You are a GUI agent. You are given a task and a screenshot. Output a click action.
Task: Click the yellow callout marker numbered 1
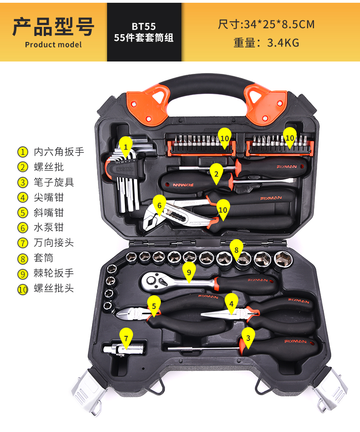tap(126, 147)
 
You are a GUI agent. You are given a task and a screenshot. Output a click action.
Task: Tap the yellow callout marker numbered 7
tap(126, 338)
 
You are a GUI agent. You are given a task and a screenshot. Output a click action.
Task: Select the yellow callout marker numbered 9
tap(189, 272)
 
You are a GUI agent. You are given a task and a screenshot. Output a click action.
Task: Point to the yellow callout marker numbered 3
tap(248, 338)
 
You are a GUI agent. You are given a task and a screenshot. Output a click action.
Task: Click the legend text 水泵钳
tap(49, 227)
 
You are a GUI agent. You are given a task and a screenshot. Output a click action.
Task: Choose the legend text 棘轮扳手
tap(54, 273)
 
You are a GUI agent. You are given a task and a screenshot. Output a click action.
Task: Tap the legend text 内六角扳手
tap(59, 152)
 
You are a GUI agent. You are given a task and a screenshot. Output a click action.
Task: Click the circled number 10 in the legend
tap(23, 289)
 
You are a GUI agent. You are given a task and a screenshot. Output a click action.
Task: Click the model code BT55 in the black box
tap(144, 26)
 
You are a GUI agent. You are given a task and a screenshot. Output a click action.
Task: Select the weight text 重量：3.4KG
tap(266, 43)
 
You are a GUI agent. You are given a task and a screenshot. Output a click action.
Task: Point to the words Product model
tap(53, 45)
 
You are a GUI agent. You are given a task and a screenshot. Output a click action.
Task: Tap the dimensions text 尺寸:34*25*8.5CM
tap(266, 24)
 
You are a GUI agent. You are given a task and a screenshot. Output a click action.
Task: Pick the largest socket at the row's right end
tap(283, 259)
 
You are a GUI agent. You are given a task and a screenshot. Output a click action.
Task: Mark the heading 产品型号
tap(53, 27)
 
